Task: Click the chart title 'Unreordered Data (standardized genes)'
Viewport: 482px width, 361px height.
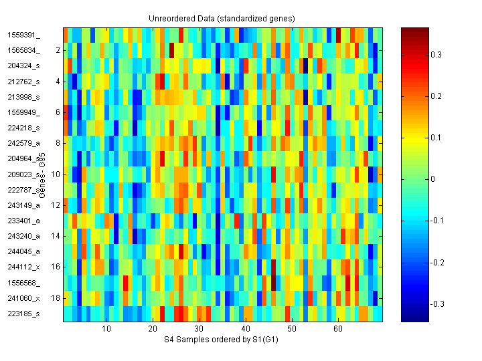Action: [222, 18]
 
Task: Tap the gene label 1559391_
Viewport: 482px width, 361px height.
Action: [23, 35]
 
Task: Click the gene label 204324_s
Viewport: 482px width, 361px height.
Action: [23, 66]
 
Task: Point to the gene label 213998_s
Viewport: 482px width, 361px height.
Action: [23, 97]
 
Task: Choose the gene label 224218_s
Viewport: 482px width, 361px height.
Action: [23, 128]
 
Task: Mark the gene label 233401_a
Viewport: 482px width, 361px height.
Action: [23, 221]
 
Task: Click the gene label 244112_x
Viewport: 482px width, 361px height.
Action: [23, 267]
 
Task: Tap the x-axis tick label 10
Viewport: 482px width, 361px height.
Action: [106, 329]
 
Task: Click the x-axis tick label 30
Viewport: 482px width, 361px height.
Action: [199, 329]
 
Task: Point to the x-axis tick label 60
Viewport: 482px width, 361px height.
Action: [338, 329]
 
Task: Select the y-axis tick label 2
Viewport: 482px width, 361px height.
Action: [58, 50]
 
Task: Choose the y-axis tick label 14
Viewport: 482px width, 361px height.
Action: [56, 236]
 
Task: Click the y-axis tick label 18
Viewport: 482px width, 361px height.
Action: [56, 297]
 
